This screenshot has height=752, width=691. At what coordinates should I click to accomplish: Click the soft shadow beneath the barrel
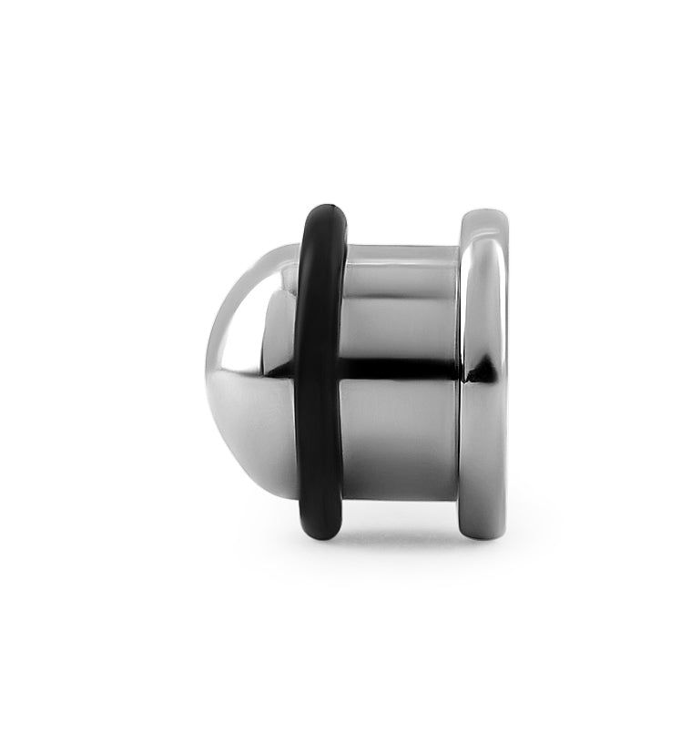(x=401, y=533)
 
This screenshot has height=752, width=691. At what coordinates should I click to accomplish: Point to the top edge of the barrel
(x=401, y=247)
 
